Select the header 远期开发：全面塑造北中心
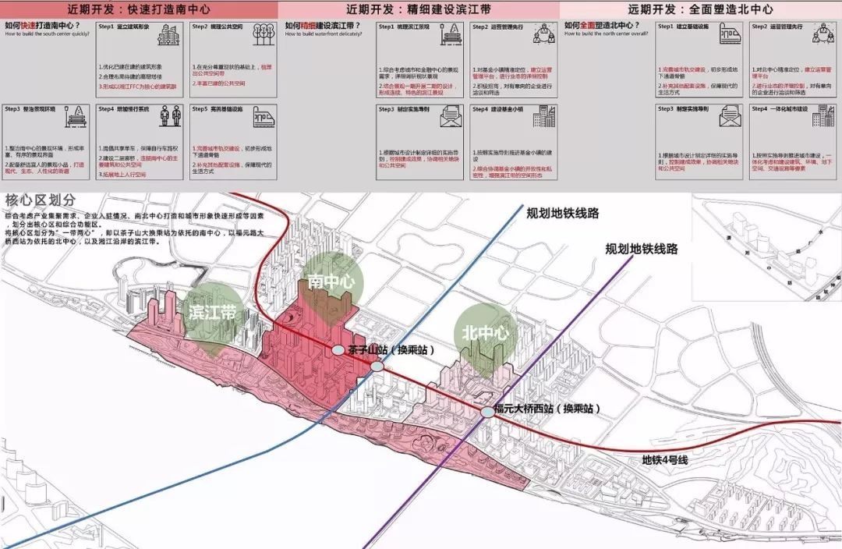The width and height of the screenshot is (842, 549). (x=699, y=9)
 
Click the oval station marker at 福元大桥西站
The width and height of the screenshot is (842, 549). (x=487, y=410)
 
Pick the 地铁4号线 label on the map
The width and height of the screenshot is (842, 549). (x=664, y=460)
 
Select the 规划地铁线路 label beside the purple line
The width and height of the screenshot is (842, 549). (x=642, y=249)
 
